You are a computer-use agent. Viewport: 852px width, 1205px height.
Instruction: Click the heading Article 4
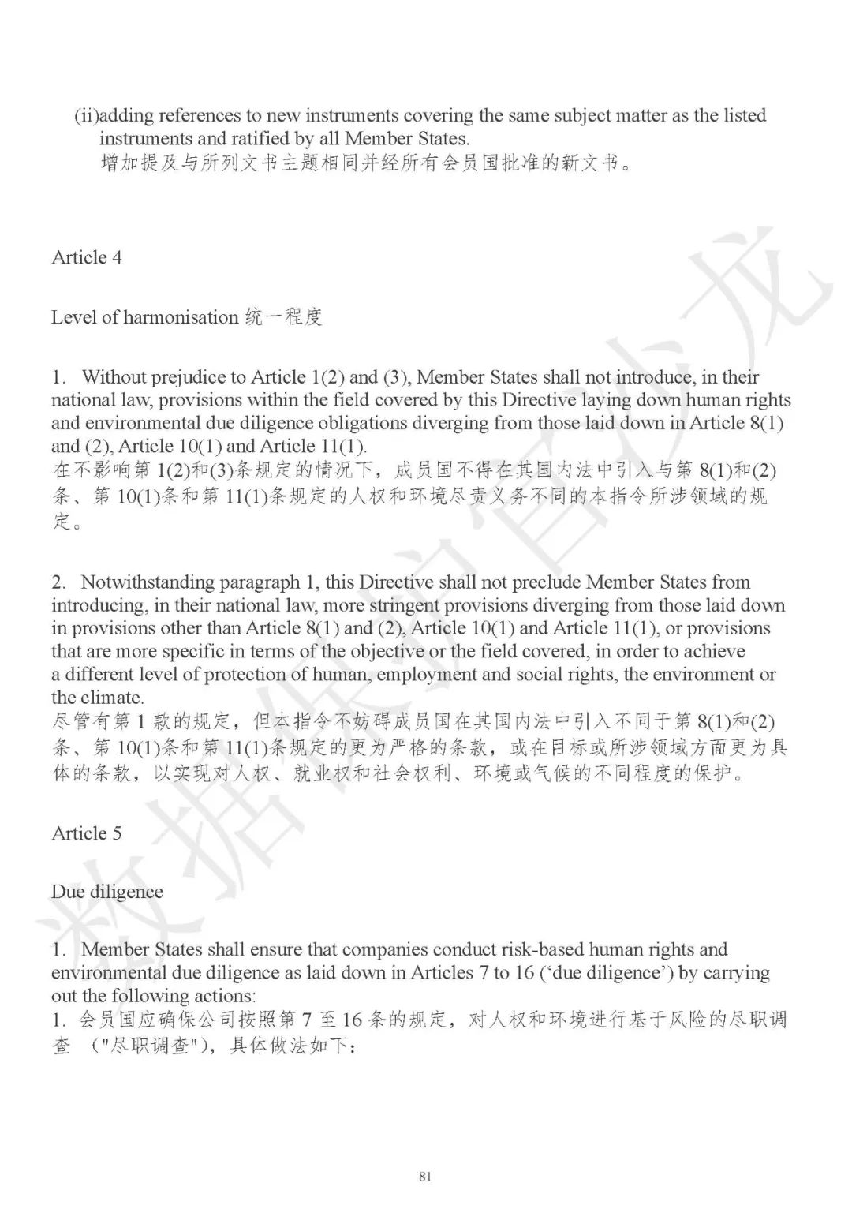(x=87, y=257)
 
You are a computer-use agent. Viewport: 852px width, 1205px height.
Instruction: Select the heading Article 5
(x=87, y=833)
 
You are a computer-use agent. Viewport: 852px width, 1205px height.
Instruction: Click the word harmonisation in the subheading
(x=175, y=317)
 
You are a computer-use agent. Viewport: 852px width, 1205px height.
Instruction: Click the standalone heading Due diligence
(x=107, y=892)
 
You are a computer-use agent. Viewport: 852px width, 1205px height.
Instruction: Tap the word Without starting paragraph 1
(x=116, y=377)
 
